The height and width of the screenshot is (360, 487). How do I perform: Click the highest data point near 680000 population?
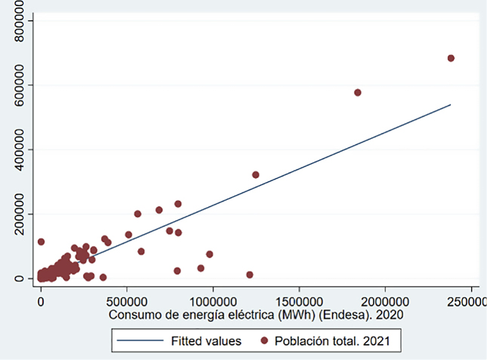[x=451, y=58]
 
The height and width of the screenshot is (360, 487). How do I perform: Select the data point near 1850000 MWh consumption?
[x=358, y=93]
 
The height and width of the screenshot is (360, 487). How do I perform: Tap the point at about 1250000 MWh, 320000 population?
[x=255, y=174]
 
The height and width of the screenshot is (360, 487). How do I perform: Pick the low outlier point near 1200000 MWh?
[x=249, y=275]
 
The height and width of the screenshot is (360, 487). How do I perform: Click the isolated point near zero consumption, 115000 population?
[x=41, y=242]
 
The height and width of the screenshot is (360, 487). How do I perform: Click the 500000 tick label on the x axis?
[x=127, y=301]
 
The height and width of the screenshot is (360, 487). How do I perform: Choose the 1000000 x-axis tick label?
[x=213, y=301]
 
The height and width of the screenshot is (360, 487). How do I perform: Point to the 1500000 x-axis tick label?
[x=299, y=301]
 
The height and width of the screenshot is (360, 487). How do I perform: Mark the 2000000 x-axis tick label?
[x=385, y=301]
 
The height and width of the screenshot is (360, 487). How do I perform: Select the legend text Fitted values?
[x=206, y=341]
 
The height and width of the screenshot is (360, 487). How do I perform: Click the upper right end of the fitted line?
[x=450, y=105]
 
